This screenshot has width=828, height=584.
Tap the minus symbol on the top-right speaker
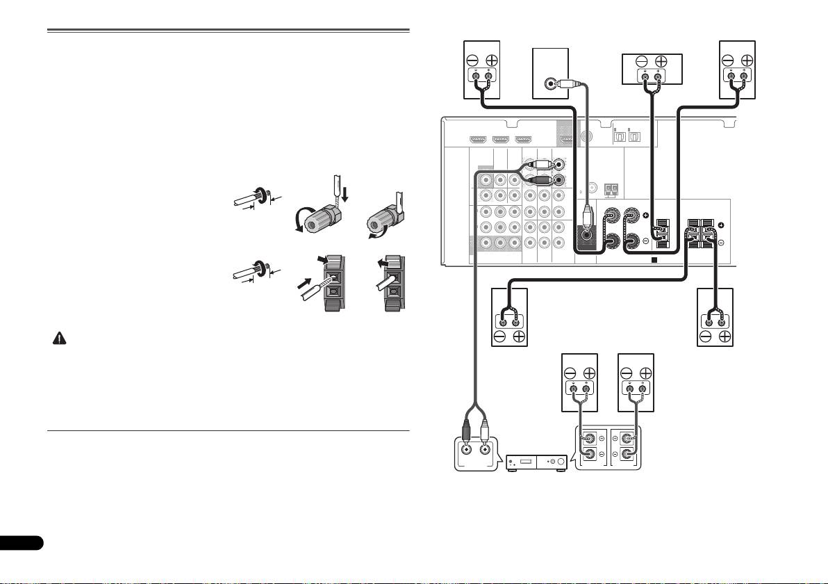click(x=728, y=60)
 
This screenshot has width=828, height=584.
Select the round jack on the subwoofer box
click(x=551, y=84)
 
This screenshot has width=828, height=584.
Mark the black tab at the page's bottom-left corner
click(x=21, y=542)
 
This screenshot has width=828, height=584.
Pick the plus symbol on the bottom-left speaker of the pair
click(x=589, y=373)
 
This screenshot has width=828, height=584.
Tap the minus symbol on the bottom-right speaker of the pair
click(x=627, y=373)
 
